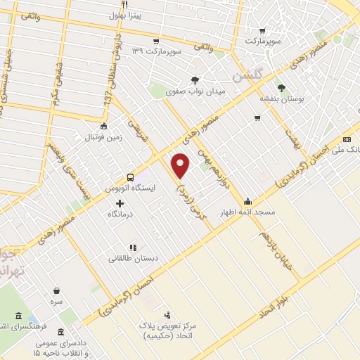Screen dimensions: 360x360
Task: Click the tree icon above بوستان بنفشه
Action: pyautogui.click(x=281, y=88)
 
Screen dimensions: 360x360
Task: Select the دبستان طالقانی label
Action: pyautogui.click(x=133, y=258)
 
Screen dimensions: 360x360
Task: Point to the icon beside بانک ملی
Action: pyautogui.click(x=347, y=140)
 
